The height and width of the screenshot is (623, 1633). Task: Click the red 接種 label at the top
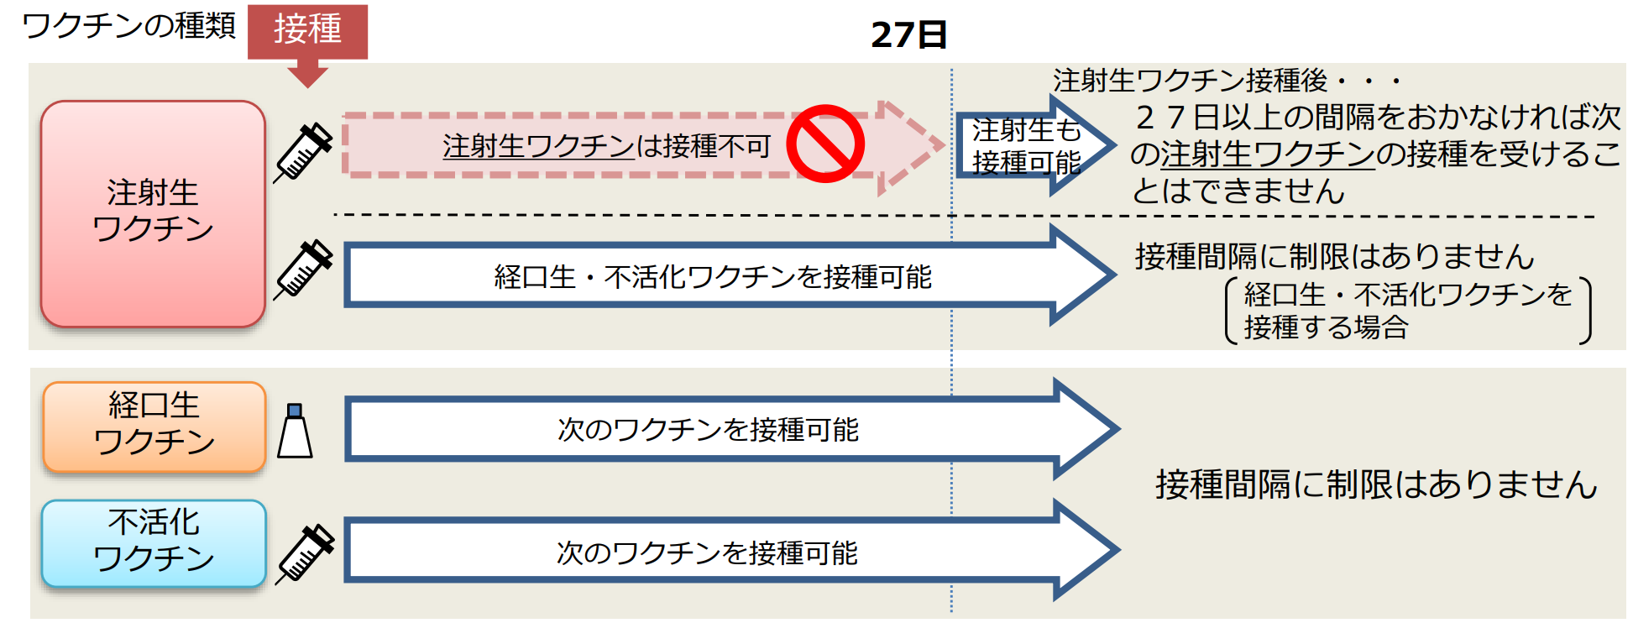point(307,29)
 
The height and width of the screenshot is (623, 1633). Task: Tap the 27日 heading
point(908,34)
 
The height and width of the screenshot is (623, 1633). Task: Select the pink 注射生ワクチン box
point(153,213)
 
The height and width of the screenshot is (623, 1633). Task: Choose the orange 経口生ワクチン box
point(154,425)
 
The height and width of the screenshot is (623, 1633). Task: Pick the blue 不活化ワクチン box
point(154,542)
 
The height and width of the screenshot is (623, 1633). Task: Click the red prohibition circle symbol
point(824,144)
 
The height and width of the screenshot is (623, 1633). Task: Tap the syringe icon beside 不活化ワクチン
point(306,552)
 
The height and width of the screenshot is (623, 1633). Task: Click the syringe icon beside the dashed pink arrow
point(304,151)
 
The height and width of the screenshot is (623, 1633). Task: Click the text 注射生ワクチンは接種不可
point(606,146)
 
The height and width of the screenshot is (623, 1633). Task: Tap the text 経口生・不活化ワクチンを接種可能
point(712,276)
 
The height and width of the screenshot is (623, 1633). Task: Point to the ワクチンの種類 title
point(128,25)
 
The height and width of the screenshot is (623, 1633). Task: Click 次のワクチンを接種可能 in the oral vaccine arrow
point(708,429)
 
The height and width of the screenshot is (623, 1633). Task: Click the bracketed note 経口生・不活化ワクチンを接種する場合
point(1407,311)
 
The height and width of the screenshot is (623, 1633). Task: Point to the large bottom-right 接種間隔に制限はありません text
point(1375,484)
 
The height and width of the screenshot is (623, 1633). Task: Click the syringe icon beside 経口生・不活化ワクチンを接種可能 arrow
point(304,269)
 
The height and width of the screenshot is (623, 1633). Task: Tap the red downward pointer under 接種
point(307,74)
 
